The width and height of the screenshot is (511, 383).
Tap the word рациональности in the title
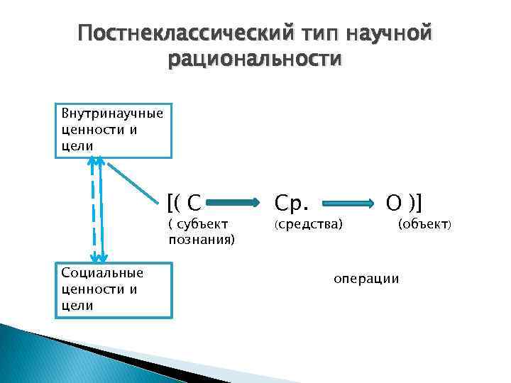click(255, 59)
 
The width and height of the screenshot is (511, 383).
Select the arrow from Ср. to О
click(348, 204)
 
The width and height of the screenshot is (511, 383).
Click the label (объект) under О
click(424, 225)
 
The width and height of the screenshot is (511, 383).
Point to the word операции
click(366, 278)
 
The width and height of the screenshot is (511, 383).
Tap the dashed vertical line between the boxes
click(93, 213)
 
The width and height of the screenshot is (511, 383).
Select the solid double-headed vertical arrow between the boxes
click(102, 213)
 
